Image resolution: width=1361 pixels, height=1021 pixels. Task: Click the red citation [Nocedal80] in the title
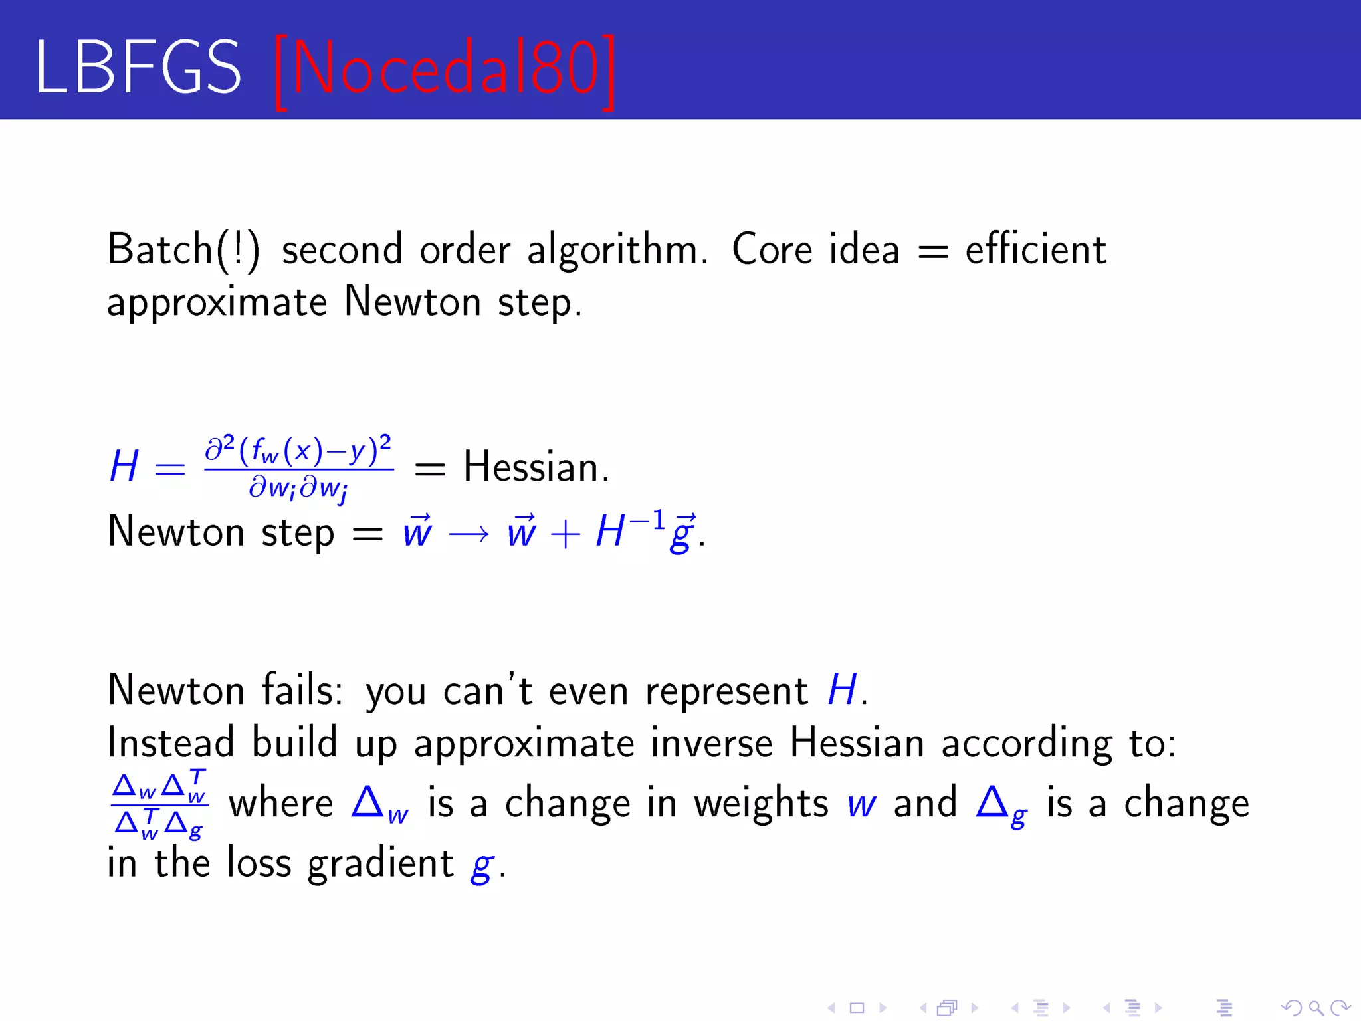444,70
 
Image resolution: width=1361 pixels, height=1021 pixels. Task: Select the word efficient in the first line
1035,250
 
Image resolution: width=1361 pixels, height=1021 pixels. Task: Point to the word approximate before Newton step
217,303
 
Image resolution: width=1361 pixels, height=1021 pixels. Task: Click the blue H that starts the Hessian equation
124,466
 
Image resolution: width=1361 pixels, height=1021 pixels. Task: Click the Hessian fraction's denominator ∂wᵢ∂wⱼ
298,489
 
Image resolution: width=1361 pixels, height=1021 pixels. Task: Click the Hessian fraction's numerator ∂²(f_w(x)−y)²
298,450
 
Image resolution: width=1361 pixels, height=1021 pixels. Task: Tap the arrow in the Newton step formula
469,533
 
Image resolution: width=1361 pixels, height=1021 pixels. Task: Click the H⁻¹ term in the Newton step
629,530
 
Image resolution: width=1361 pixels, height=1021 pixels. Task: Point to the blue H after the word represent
842,690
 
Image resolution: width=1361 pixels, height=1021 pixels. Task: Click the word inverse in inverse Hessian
711,742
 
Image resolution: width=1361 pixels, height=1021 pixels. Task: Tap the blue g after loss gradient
482,865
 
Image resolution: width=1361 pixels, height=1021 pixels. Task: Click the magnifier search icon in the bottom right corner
1315,1008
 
